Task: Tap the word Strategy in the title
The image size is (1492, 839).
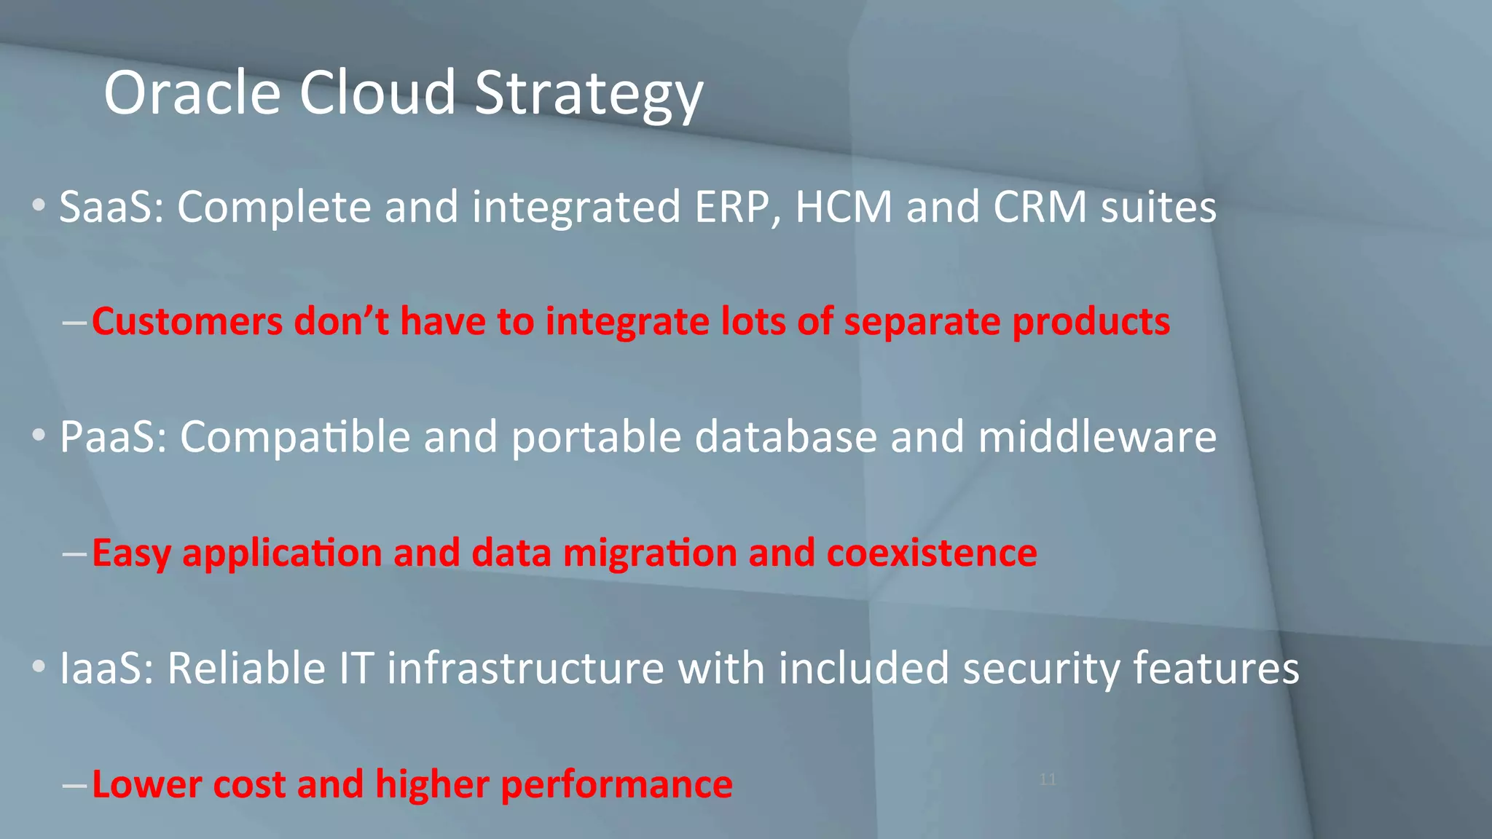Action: (589, 95)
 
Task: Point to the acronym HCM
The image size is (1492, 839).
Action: (844, 207)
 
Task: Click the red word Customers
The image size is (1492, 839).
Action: (187, 321)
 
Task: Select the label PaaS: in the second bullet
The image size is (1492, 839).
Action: (114, 437)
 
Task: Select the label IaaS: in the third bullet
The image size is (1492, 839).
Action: (106, 668)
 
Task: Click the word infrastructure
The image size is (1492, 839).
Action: (525, 668)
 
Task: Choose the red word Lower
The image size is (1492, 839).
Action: (136, 784)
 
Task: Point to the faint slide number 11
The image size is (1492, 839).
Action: (1048, 779)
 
